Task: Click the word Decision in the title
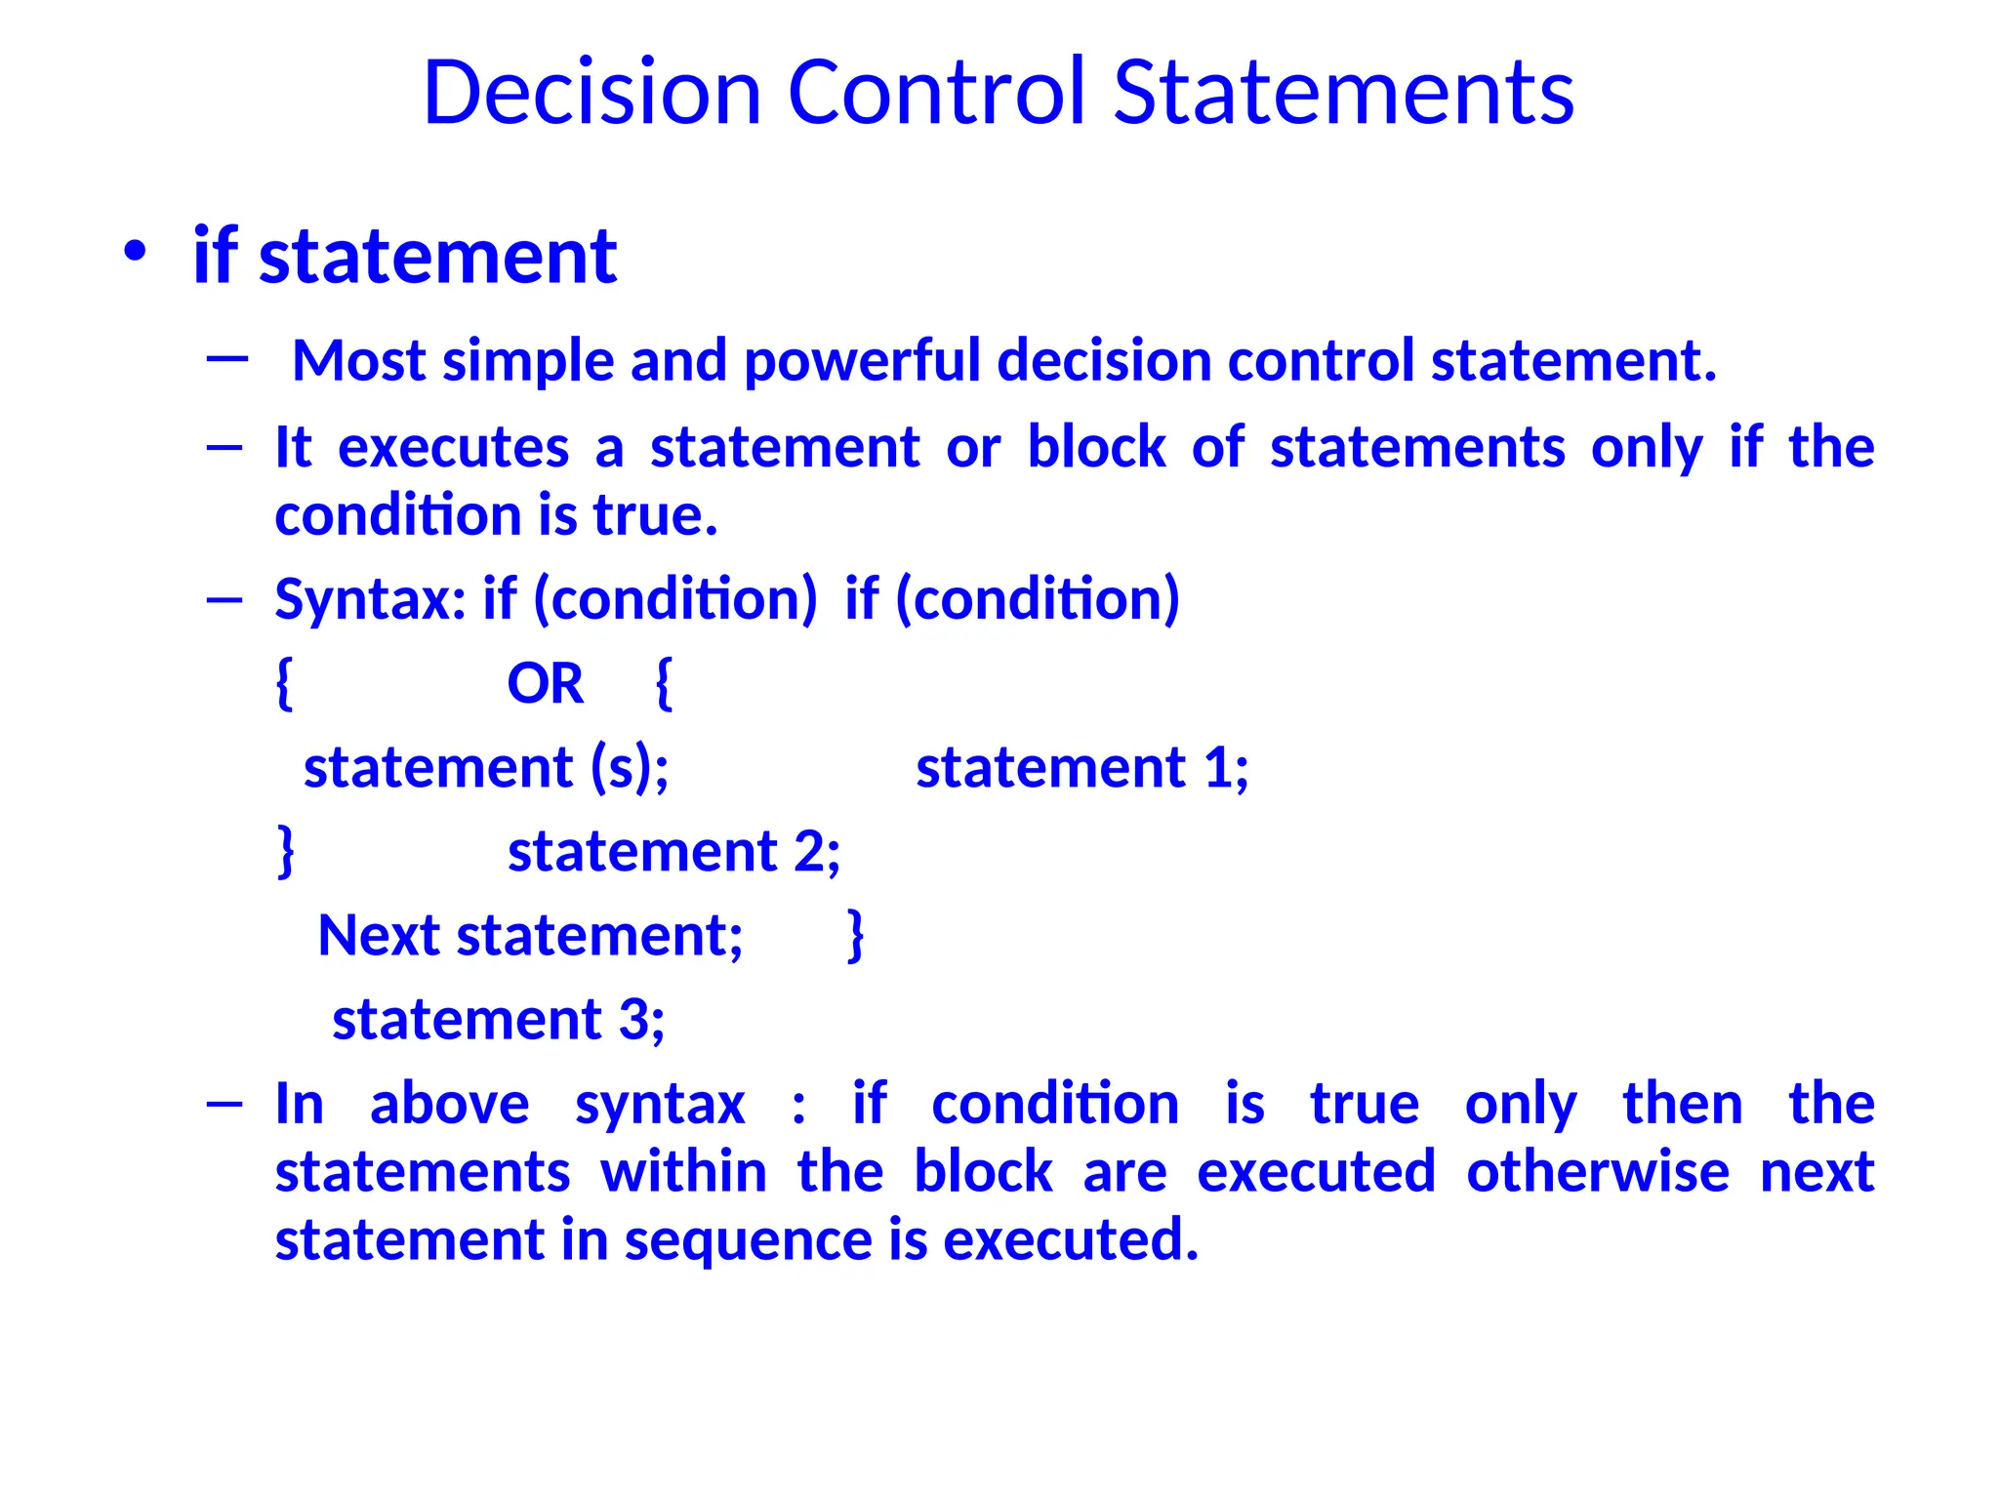point(592,93)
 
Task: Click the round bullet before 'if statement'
point(135,252)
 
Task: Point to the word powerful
point(862,361)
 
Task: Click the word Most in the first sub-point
point(359,360)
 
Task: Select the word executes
point(453,448)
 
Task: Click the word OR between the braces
point(545,683)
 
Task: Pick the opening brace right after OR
point(664,683)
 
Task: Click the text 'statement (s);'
point(486,767)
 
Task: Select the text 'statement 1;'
point(1081,767)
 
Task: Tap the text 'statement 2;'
point(673,851)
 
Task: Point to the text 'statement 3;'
point(498,1020)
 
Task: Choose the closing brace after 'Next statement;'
point(856,935)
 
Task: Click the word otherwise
point(1597,1171)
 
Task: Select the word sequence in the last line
point(748,1240)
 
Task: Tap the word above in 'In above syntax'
point(449,1104)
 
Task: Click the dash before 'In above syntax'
point(224,1104)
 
